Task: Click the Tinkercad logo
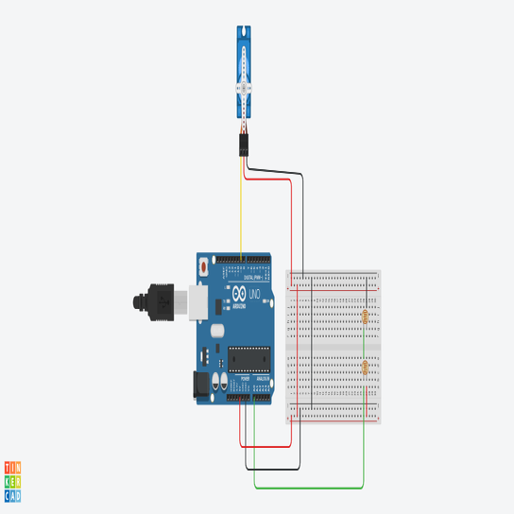pos(12,481)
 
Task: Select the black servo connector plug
pos(244,144)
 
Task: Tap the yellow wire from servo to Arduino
pos(241,208)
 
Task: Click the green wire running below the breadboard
pos(312,488)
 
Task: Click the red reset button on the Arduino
pos(204,267)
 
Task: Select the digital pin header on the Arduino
pos(243,260)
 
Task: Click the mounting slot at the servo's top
pos(245,35)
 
